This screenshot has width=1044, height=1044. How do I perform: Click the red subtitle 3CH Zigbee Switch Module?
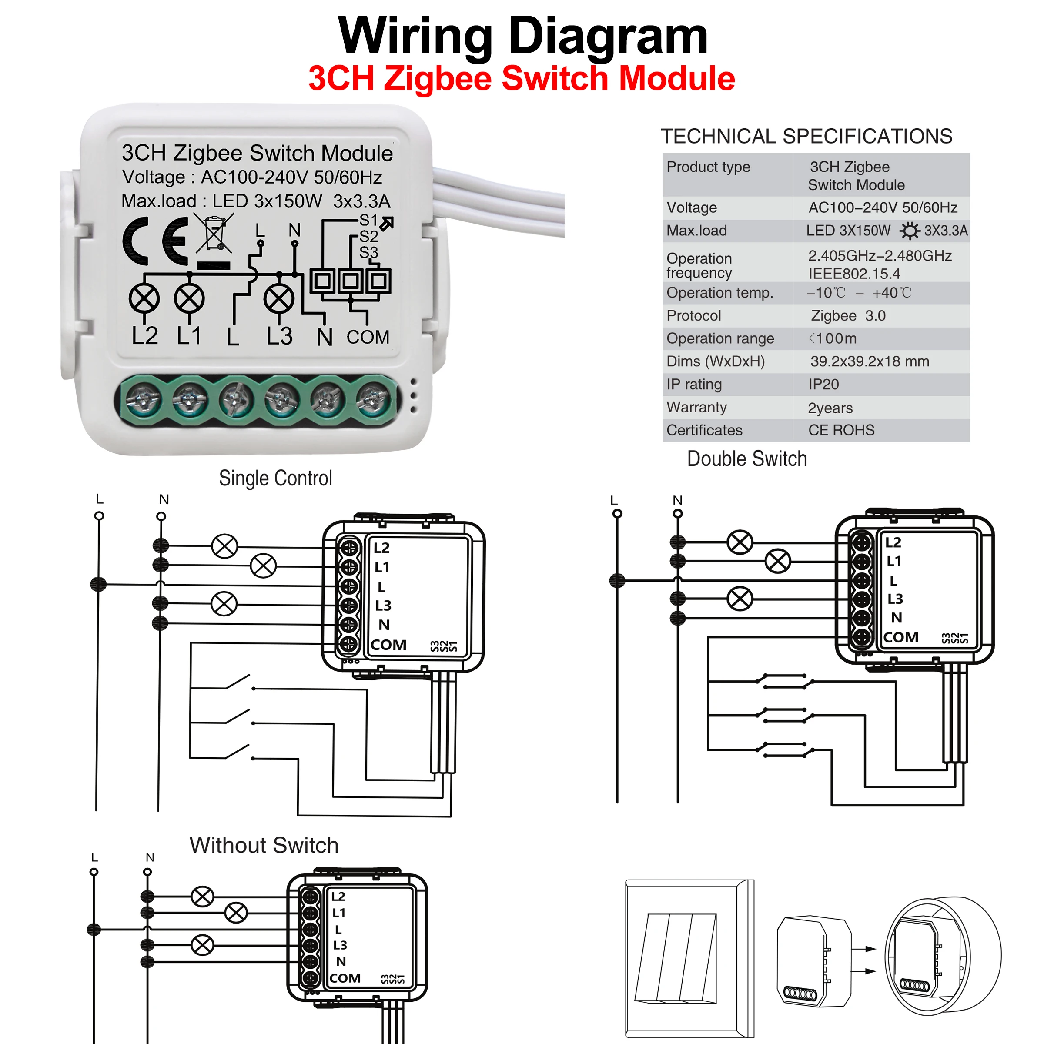tap(522, 78)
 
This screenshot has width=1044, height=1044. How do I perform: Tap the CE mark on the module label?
tap(156, 241)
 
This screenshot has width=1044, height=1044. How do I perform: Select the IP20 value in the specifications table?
tap(823, 384)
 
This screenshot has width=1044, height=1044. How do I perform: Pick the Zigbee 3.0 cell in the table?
tap(848, 315)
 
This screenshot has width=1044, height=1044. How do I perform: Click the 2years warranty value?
tap(830, 408)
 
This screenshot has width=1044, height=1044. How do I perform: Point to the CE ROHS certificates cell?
tap(841, 430)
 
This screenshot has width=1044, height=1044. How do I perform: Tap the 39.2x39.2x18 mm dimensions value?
tap(870, 361)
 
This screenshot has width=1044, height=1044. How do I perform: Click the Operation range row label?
tap(720, 339)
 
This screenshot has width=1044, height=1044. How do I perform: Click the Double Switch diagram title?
tap(747, 459)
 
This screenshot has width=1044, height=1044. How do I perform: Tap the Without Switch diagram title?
tap(264, 845)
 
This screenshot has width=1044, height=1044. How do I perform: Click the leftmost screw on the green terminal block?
tap(143, 400)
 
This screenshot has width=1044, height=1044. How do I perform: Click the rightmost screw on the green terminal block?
tap(372, 400)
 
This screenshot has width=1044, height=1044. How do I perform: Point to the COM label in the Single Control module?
tap(388, 645)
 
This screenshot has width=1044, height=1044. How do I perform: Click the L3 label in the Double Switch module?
tap(895, 599)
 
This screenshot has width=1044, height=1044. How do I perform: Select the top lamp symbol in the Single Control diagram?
tap(224, 546)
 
